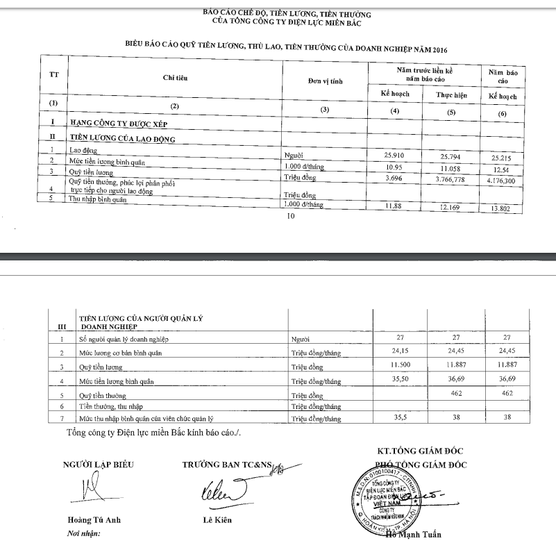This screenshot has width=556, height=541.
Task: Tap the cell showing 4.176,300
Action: pos(503,180)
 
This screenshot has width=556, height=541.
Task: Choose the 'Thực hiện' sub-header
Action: pos(450,94)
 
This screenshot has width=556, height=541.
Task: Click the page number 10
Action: pos(291,217)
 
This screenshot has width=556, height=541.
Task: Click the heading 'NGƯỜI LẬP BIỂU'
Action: pos(98,464)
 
